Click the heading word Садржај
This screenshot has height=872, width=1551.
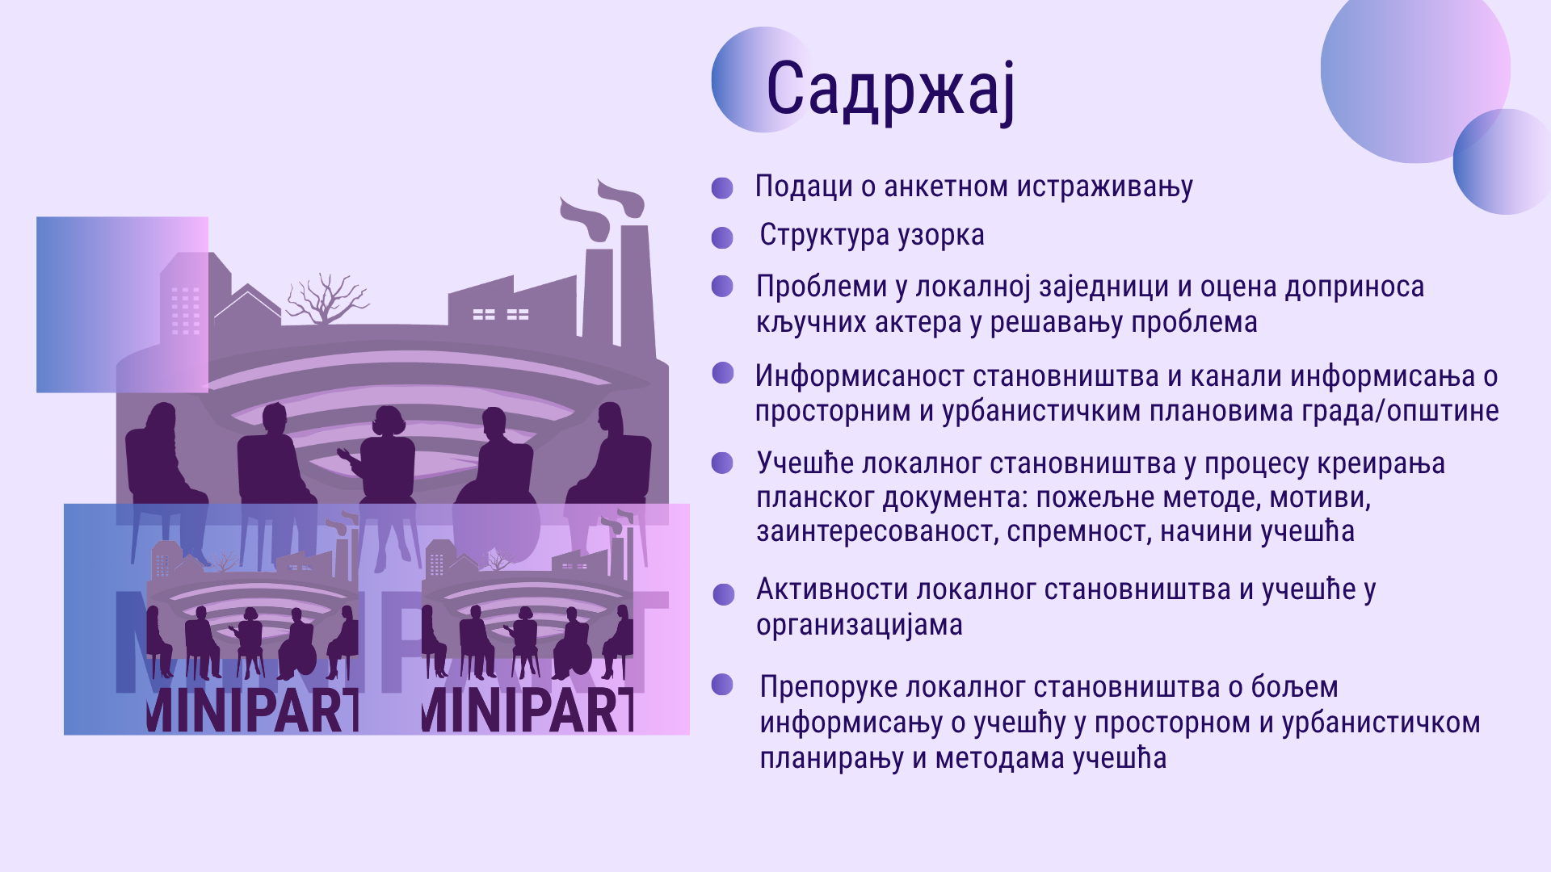pyautogui.click(x=890, y=90)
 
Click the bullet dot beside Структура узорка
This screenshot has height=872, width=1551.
pyautogui.click(x=722, y=237)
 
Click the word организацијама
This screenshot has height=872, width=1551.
pyautogui.click(x=860, y=626)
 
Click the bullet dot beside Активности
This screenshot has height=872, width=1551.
pyautogui.click(x=724, y=594)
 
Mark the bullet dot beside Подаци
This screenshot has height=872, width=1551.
pyautogui.click(x=722, y=188)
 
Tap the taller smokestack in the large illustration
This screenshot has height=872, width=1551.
pyautogui.click(x=635, y=283)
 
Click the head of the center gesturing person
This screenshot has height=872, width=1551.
pyautogui.click(x=389, y=421)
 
